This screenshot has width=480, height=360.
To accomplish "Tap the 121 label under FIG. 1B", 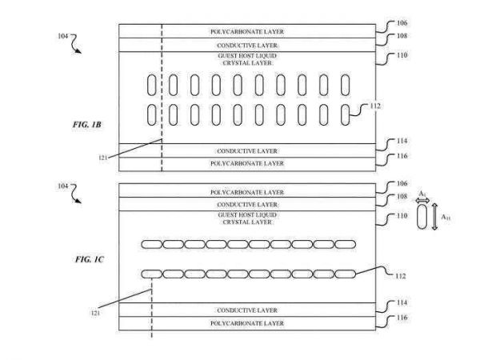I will [x=102, y=158].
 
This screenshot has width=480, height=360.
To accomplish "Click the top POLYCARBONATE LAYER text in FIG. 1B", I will [x=247, y=32].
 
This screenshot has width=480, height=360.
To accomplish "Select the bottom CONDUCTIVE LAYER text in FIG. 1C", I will [x=247, y=309].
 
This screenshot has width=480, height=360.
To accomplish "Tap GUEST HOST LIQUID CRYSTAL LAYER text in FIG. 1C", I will [x=247, y=218].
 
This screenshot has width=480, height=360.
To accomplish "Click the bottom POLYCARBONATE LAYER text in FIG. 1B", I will [x=247, y=163].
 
